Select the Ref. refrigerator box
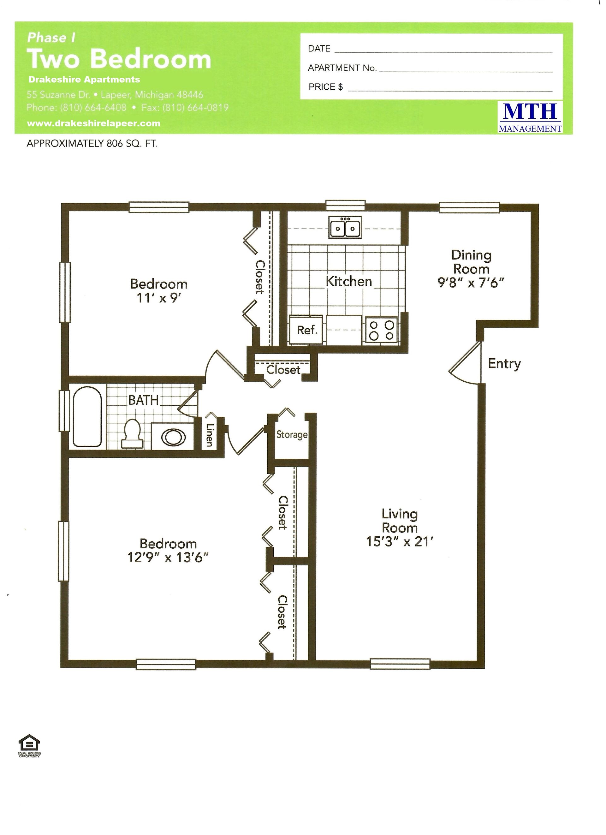click(307, 330)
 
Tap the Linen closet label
click(210, 435)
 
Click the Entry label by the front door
click(504, 364)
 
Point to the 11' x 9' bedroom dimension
click(159, 298)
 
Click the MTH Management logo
click(530, 117)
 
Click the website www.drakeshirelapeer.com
click(94, 123)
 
